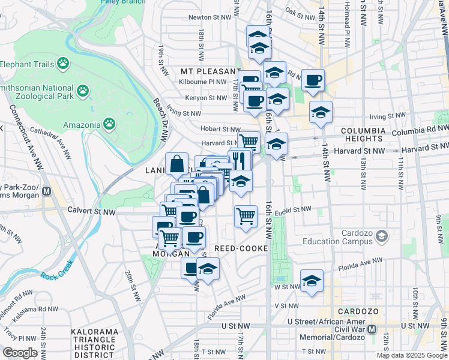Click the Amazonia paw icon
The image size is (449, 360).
pyautogui.click(x=109, y=124)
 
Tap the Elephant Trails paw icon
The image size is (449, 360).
pyautogui.click(x=63, y=64)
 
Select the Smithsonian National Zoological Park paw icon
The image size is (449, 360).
pyautogui.click(x=82, y=91)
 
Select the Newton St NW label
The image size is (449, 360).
pyautogui.click(x=208, y=17)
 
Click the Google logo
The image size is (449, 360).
pyautogui.click(x=20, y=353)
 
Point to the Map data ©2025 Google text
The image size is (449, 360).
pyautogui.click(x=412, y=355)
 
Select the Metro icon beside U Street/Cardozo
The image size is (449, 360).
pyautogui.click(x=372, y=329)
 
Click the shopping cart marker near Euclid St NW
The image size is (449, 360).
pyautogui.click(x=245, y=215)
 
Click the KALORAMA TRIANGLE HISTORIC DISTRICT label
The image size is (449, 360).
pyautogui.click(x=93, y=340)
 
